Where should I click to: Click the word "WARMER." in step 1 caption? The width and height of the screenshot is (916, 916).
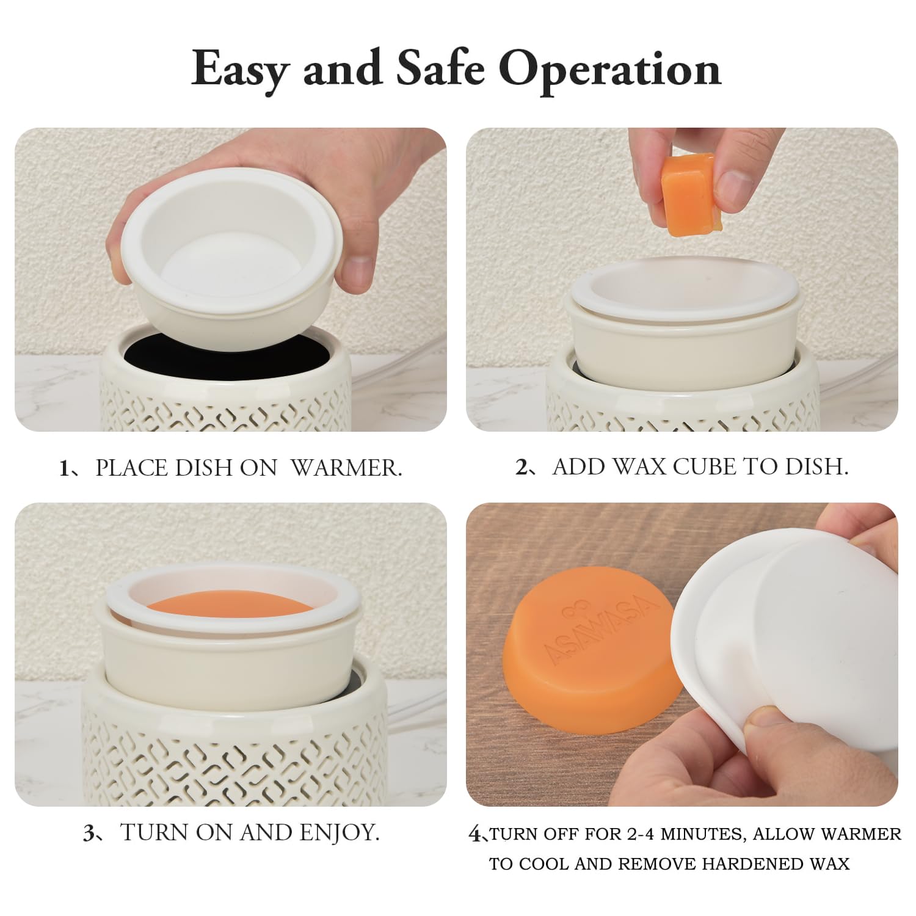(x=346, y=468)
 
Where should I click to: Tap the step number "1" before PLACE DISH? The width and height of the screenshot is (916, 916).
(x=64, y=468)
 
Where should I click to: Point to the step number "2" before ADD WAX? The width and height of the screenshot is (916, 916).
(x=522, y=467)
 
